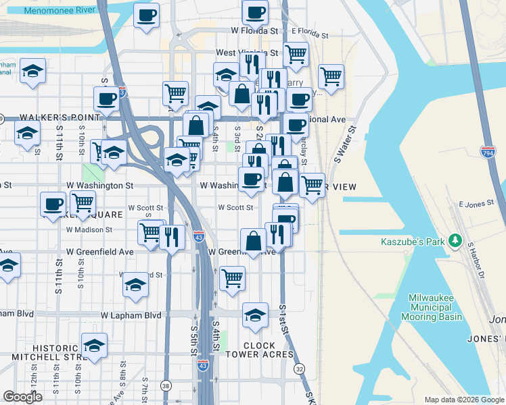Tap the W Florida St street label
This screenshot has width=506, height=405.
[x=254, y=31]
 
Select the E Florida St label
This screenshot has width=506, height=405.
[x=310, y=32]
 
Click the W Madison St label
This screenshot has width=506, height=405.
[x=89, y=230]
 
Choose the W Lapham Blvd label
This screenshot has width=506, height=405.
[x=131, y=315]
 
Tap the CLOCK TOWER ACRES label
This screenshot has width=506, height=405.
[x=260, y=350]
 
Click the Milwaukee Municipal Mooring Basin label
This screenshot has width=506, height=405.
[x=436, y=307]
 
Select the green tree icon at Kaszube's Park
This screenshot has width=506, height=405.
[x=456, y=240]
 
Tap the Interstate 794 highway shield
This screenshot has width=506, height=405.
[x=488, y=153]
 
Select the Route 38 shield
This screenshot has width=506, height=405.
[x=166, y=386]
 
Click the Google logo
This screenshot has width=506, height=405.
[x=22, y=397]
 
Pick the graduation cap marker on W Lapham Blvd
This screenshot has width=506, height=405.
[x=254, y=316]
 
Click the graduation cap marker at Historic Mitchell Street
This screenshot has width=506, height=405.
[x=94, y=346]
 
